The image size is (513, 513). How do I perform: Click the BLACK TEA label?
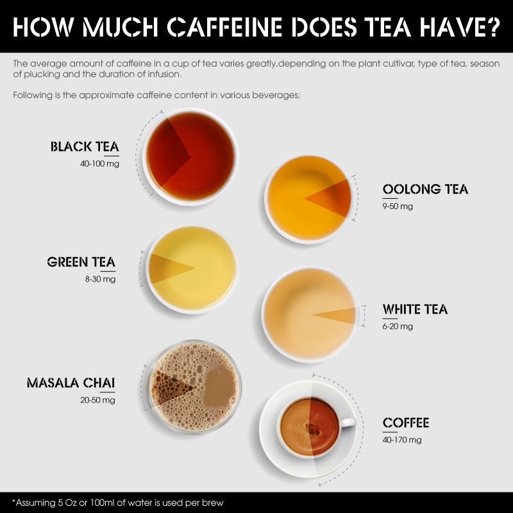[85, 147]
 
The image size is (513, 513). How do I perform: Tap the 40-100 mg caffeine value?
[100, 164]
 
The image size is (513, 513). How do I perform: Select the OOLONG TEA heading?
[425, 189]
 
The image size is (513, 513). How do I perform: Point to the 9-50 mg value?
[398, 206]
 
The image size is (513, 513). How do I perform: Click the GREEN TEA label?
[81, 262]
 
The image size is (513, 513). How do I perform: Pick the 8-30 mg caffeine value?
[101, 279]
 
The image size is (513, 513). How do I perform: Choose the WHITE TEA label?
[415, 309]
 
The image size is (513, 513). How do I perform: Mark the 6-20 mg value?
[398, 326]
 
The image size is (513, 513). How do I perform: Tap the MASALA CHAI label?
[71, 383]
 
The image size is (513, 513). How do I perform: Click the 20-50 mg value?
[98, 400]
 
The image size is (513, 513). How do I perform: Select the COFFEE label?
[406, 423]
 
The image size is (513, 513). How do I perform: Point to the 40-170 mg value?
[402, 440]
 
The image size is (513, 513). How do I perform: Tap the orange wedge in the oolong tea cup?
[333, 198]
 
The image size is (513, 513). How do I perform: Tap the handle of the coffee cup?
[348, 422]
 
